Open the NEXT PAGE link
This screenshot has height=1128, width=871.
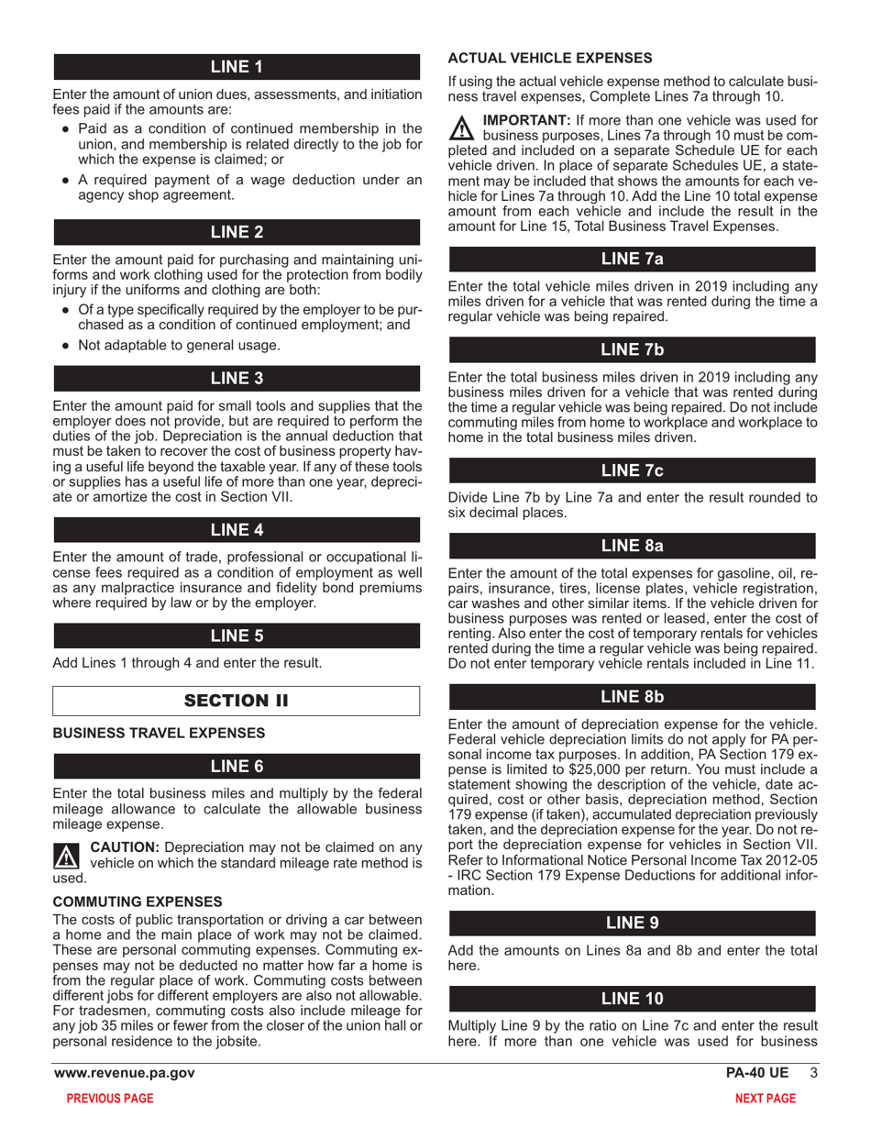tap(766, 1099)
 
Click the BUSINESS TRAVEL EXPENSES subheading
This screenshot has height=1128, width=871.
tap(160, 734)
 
